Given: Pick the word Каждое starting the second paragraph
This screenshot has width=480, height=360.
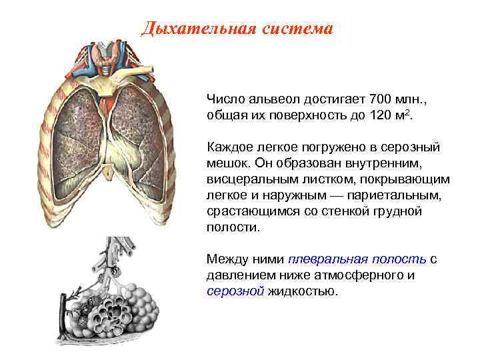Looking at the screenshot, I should (x=229, y=145).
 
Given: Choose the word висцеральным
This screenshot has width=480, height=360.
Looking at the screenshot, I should (x=249, y=180).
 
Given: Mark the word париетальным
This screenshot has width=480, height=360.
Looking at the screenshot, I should (x=379, y=197).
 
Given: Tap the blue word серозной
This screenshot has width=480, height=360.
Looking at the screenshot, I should (x=235, y=291).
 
